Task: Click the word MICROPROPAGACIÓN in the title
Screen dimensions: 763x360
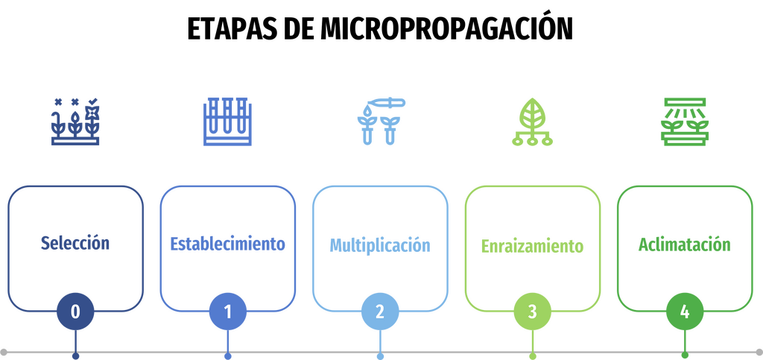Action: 447,29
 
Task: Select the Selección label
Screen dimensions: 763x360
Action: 75,243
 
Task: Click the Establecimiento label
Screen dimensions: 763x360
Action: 227,243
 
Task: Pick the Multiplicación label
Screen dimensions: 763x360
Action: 380,244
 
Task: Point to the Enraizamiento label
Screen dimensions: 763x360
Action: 532,246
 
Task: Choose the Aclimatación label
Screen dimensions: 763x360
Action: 685,244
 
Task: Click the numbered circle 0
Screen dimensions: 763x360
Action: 75,312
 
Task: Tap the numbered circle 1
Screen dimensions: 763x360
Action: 228,312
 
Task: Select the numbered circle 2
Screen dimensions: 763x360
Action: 380,312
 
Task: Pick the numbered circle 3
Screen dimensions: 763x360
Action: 532,312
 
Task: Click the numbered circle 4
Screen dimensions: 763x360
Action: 685,312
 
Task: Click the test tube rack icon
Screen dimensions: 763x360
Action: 228,121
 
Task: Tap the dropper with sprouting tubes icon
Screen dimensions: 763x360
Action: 381,121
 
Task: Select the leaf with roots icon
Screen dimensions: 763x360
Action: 532,121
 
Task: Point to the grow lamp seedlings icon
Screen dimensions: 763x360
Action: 685,121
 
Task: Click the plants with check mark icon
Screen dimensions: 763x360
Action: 75,121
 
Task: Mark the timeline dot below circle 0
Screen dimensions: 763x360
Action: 75,356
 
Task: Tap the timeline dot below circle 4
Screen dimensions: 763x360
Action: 685,356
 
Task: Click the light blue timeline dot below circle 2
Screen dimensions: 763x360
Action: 380,356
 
